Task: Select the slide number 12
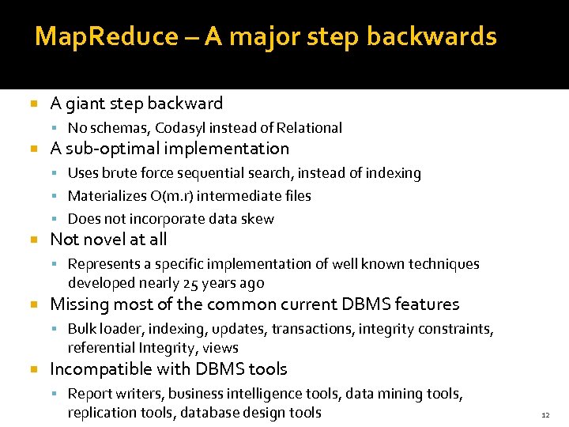[545, 414]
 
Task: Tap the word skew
[259, 219]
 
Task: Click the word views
[220, 348]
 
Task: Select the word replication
[100, 413]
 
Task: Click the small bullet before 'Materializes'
[57, 196]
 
